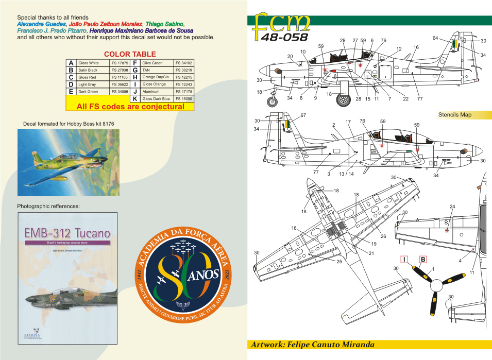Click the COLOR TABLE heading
coord(130,54)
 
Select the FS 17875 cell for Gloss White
coord(119,63)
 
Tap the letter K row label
coord(134,98)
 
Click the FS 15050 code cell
coord(184,98)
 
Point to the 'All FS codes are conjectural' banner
coord(130,107)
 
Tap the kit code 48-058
coord(284,37)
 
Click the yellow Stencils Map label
coord(455,115)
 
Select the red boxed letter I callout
coord(405,259)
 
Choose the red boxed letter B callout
coord(422,259)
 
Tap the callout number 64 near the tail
coord(435,38)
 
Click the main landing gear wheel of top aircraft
coord(343,99)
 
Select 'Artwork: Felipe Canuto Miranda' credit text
coord(312,345)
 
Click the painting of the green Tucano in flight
coord(68,162)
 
